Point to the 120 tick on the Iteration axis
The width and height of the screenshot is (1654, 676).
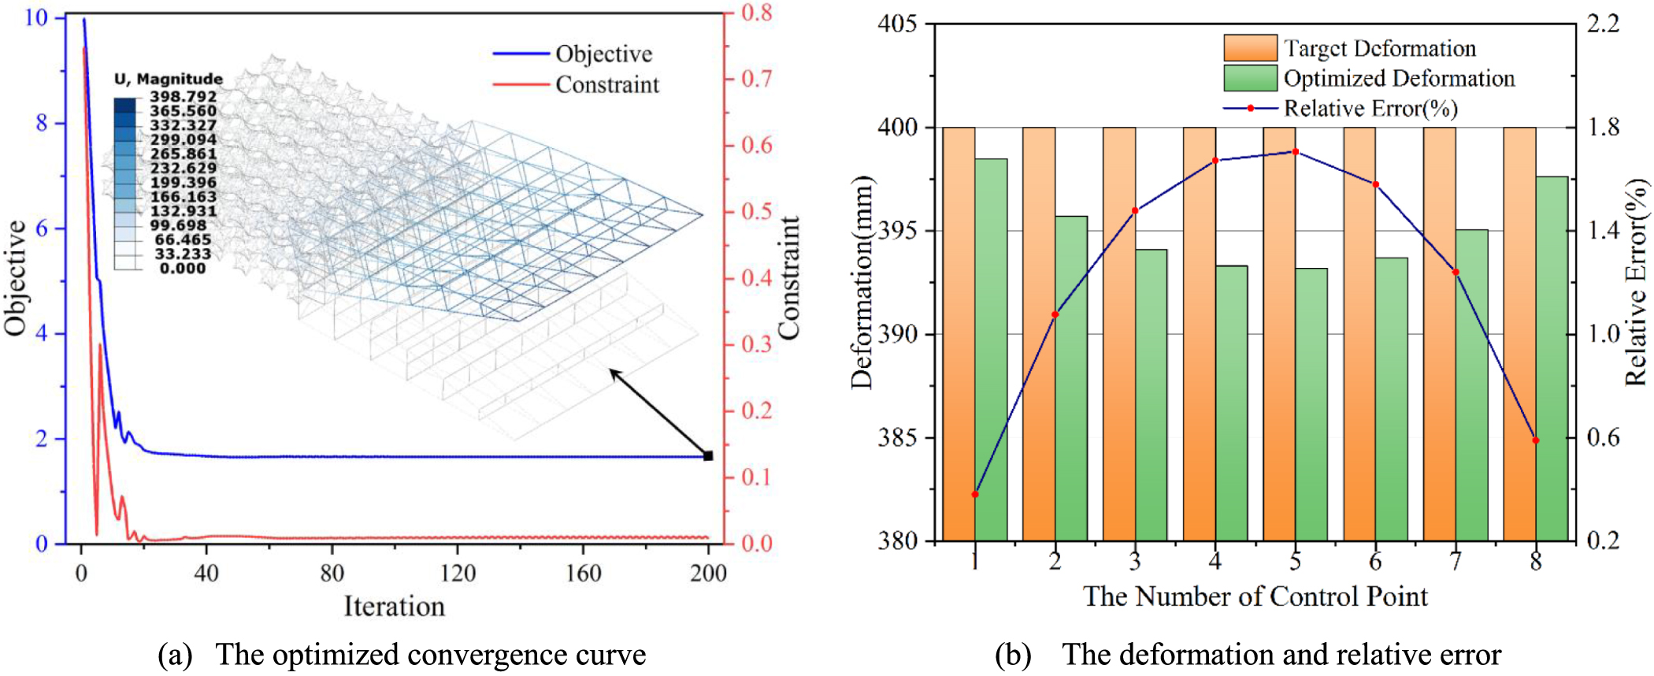point(458,573)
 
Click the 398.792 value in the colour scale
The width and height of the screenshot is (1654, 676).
point(183,96)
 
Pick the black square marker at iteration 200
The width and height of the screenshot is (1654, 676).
point(708,455)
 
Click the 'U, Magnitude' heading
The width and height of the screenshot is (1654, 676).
point(169,79)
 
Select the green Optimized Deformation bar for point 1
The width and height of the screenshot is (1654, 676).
point(991,351)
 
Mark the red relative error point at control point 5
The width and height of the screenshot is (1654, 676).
point(1296,151)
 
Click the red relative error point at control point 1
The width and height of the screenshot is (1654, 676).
point(975,494)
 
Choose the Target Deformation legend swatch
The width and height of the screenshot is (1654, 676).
point(1250,48)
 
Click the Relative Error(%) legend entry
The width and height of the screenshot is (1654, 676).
point(1370,108)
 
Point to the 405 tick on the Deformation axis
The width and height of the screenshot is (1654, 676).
point(898,24)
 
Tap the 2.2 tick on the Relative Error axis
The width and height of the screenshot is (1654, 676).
point(1603,24)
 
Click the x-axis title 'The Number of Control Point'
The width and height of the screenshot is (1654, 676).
point(1255,596)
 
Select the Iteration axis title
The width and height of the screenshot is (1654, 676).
point(394,606)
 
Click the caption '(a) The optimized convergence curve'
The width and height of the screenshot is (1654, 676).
point(402,655)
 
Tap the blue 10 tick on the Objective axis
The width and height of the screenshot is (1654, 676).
point(36,17)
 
